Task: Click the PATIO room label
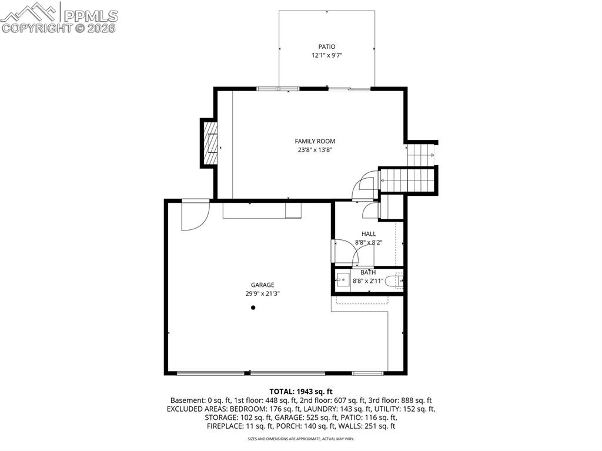pos(327,47)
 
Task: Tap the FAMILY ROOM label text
pos(315,141)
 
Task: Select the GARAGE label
pos(263,285)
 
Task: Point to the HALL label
pos(369,233)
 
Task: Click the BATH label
pos(368,272)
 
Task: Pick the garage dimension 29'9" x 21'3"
pos(263,294)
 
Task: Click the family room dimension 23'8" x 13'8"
pos(315,150)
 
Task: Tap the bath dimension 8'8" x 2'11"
pos(368,281)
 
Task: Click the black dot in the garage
pos(253,308)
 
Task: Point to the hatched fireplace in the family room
pos(210,143)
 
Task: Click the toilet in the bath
pos(394,282)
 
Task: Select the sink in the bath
pos(343,280)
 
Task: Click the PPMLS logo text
pos(91,16)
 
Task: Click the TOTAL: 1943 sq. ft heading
pos(301,392)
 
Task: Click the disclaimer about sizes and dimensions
pos(301,439)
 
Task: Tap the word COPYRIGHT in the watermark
pos(36,28)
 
